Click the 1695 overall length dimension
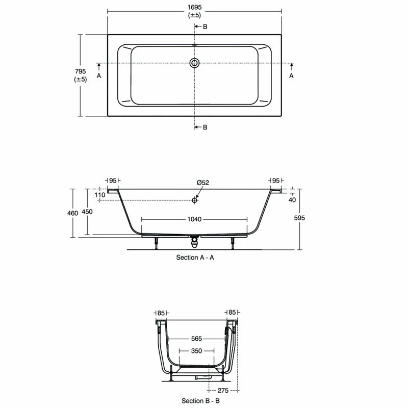[x=194, y=7]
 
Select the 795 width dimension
[x=81, y=71]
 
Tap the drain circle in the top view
[x=194, y=63]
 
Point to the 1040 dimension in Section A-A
[x=194, y=219]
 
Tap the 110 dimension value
[x=99, y=195]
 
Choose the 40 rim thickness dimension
[x=292, y=199]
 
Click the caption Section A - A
[x=195, y=258]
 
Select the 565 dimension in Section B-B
[x=196, y=338]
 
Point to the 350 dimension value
[x=196, y=351]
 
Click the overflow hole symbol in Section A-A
[x=194, y=200]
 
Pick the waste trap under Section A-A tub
[x=194, y=240]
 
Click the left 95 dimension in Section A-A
[x=113, y=181]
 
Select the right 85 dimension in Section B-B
[x=232, y=312]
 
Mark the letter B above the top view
[x=205, y=27]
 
